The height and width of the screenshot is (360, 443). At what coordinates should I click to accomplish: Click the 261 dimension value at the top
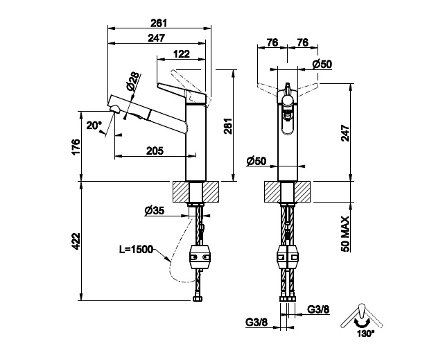pyautogui.click(x=159, y=23)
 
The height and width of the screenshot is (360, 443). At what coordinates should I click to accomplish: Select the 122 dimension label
pyautogui.click(x=181, y=54)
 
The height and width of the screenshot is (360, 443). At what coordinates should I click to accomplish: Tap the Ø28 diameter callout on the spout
pyautogui.click(x=133, y=81)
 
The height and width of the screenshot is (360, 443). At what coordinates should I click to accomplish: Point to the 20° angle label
pyautogui.click(x=94, y=125)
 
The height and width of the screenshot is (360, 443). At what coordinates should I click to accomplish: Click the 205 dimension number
pyautogui.click(x=155, y=151)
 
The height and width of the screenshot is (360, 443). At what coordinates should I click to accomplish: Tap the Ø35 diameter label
pyautogui.click(x=155, y=210)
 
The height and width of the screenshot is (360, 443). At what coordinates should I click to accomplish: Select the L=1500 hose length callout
pyautogui.click(x=136, y=250)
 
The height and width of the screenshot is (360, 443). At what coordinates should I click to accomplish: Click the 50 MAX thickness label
pyautogui.click(x=345, y=234)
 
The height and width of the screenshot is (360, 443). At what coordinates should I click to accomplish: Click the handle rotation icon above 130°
pyautogui.click(x=362, y=316)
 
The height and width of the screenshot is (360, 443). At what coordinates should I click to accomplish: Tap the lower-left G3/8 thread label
pyautogui.click(x=257, y=322)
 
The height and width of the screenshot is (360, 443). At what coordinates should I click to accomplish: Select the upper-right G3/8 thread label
pyautogui.click(x=318, y=309)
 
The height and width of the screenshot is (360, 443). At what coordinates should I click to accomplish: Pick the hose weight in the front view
pyautogui.click(x=287, y=257)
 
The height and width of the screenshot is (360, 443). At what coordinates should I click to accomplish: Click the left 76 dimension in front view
pyautogui.click(x=272, y=43)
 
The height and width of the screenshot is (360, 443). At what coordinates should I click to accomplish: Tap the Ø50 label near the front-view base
pyautogui.click(x=257, y=161)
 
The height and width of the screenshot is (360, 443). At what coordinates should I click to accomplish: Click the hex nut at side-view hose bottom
pyautogui.click(x=197, y=299)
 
